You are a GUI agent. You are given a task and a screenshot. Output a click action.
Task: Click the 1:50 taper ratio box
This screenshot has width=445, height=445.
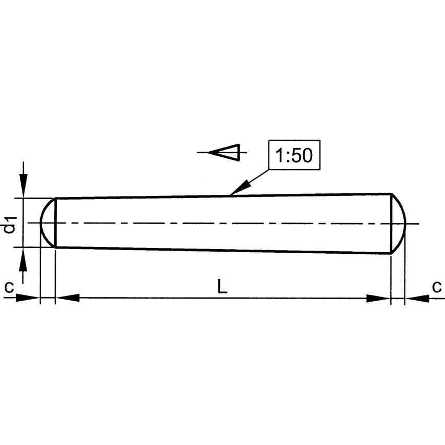click(x=294, y=155)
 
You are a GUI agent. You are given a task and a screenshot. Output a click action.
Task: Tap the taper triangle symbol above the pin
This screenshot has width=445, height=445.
click(x=224, y=152)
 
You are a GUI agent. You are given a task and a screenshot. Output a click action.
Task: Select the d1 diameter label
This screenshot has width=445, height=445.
click(x=10, y=225)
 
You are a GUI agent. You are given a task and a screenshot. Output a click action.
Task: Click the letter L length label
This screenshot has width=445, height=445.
click(x=222, y=286)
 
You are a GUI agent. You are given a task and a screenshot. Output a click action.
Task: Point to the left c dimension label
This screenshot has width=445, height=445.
click(x=9, y=287)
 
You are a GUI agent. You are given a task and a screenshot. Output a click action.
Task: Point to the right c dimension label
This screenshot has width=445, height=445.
click(x=437, y=287)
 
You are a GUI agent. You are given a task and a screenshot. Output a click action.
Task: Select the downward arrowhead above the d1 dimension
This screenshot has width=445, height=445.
click(x=23, y=185)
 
